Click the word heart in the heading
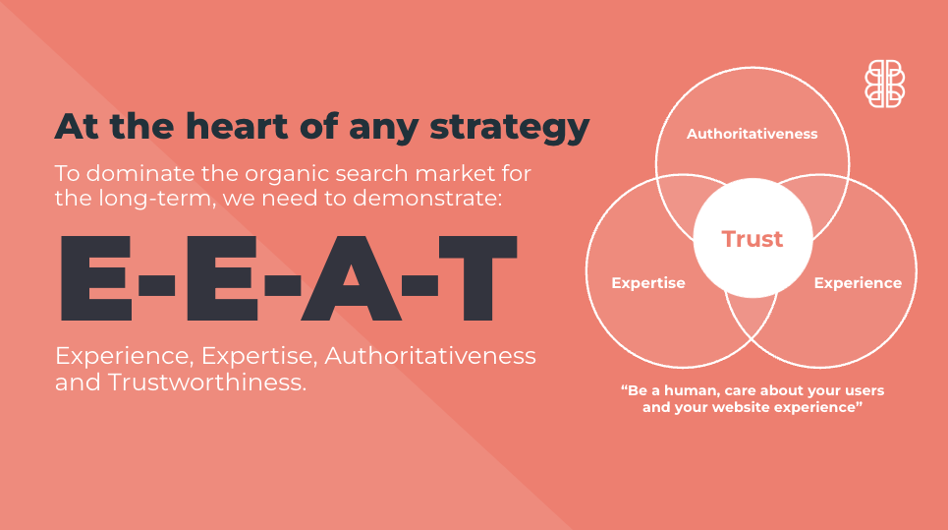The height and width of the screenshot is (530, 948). (237, 126)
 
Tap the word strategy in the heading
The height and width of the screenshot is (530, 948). (510, 128)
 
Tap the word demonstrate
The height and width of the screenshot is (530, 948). (427, 199)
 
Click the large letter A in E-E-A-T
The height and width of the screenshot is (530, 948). (352, 277)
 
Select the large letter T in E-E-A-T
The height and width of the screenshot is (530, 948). (477, 277)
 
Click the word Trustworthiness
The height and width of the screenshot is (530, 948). (206, 383)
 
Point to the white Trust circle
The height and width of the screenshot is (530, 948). (753, 238)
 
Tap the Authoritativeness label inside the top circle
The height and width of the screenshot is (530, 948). (753, 134)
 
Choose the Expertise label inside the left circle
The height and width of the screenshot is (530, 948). (648, 283)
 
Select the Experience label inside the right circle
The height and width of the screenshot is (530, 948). (858, 283)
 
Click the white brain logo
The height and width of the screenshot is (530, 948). (884, 84)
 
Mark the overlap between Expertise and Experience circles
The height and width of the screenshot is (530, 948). (752, 316)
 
